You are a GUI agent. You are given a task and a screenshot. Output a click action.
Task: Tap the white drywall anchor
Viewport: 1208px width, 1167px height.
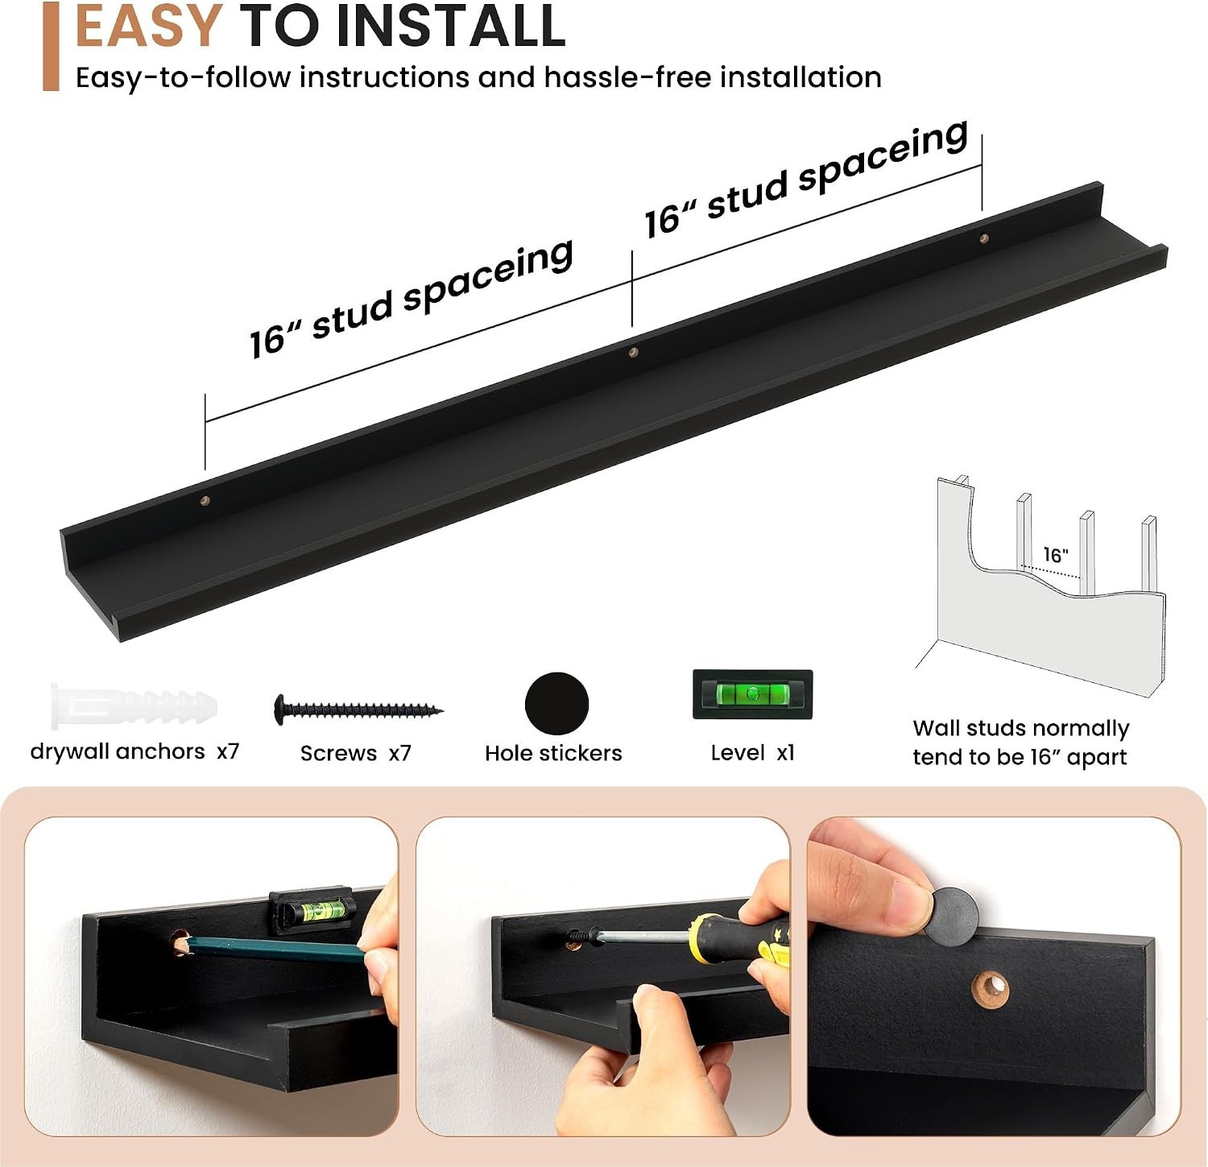[x=134, y=707]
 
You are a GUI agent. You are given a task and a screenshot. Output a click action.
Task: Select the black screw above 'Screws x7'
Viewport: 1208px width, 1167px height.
[x=358, y=710]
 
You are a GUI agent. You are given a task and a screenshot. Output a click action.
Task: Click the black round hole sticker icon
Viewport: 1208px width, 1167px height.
[x=556, y=704]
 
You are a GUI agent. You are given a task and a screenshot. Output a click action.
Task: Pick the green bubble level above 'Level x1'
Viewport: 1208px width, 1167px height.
[x=753, y=694]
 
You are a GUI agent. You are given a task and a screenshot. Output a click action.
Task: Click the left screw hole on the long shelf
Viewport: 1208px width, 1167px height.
[x=205, y=500]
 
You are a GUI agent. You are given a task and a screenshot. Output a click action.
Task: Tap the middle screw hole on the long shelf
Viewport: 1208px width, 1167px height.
[x=633, y=352]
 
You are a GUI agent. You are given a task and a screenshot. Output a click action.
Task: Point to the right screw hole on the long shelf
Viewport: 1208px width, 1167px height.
[x=983, y=238]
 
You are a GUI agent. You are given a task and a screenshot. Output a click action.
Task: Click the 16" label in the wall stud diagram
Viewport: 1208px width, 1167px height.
[x=1055, y=555]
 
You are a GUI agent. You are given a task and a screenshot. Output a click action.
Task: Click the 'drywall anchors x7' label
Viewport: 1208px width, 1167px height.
[x=134, y=751]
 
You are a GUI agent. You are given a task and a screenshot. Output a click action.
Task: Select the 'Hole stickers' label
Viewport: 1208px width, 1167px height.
[x=553, y=753]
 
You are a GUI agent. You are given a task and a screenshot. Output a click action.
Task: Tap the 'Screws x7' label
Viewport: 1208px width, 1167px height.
[x=355, y=753]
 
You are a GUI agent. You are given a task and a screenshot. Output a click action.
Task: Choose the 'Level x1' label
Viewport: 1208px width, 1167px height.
[x=752, y=753]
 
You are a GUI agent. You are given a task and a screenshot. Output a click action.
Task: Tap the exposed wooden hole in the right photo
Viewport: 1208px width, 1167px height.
[x=991, y=989]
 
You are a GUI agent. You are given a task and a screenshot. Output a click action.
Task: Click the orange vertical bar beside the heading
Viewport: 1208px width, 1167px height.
[x=51, y=46]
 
